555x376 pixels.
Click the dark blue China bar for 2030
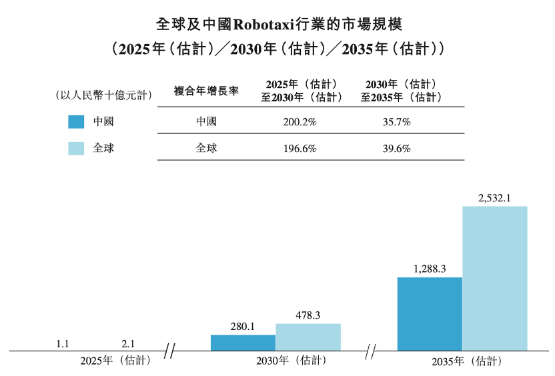point(243,343)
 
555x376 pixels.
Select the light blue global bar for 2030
point(308,337)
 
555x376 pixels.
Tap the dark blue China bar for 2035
point(430,313)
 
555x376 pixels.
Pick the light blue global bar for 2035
point(494,278)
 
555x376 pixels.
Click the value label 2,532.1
point(494,197)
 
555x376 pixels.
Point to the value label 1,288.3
point(430,269)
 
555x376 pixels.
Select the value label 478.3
point(308,315)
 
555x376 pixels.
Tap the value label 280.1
point(243,326)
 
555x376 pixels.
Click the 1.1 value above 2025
point(63,343)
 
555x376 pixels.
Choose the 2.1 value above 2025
point(128,343)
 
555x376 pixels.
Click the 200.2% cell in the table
point(300,122)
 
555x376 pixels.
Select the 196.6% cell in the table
point(300,148)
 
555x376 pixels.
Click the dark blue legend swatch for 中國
point(76,121)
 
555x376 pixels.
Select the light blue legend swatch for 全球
point(76,147)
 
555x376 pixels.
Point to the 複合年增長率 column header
point(206,91)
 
